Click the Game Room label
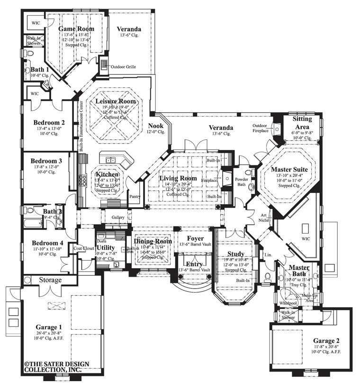point(76,29)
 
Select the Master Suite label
point(289,169)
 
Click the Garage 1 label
point(49,327)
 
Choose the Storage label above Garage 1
point(50,280)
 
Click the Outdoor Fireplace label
point(260,128)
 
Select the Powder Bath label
point(241,183)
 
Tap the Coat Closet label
point(84,248)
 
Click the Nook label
point(155,126)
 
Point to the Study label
point(235,254)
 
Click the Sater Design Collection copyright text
point(53,368)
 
